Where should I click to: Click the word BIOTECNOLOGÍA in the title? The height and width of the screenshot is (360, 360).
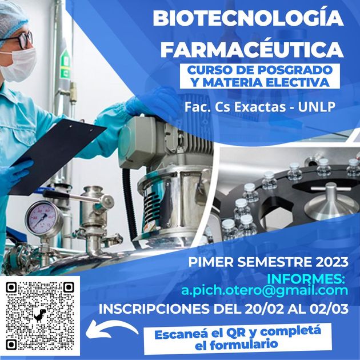pos(248,18)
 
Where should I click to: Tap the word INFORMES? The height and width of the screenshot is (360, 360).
pos(306,279)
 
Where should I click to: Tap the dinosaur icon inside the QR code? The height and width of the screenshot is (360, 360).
pos(40,315)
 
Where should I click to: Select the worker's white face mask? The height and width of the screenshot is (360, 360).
pos(19,65)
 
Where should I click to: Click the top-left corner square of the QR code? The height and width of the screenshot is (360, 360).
pos(11,287)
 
